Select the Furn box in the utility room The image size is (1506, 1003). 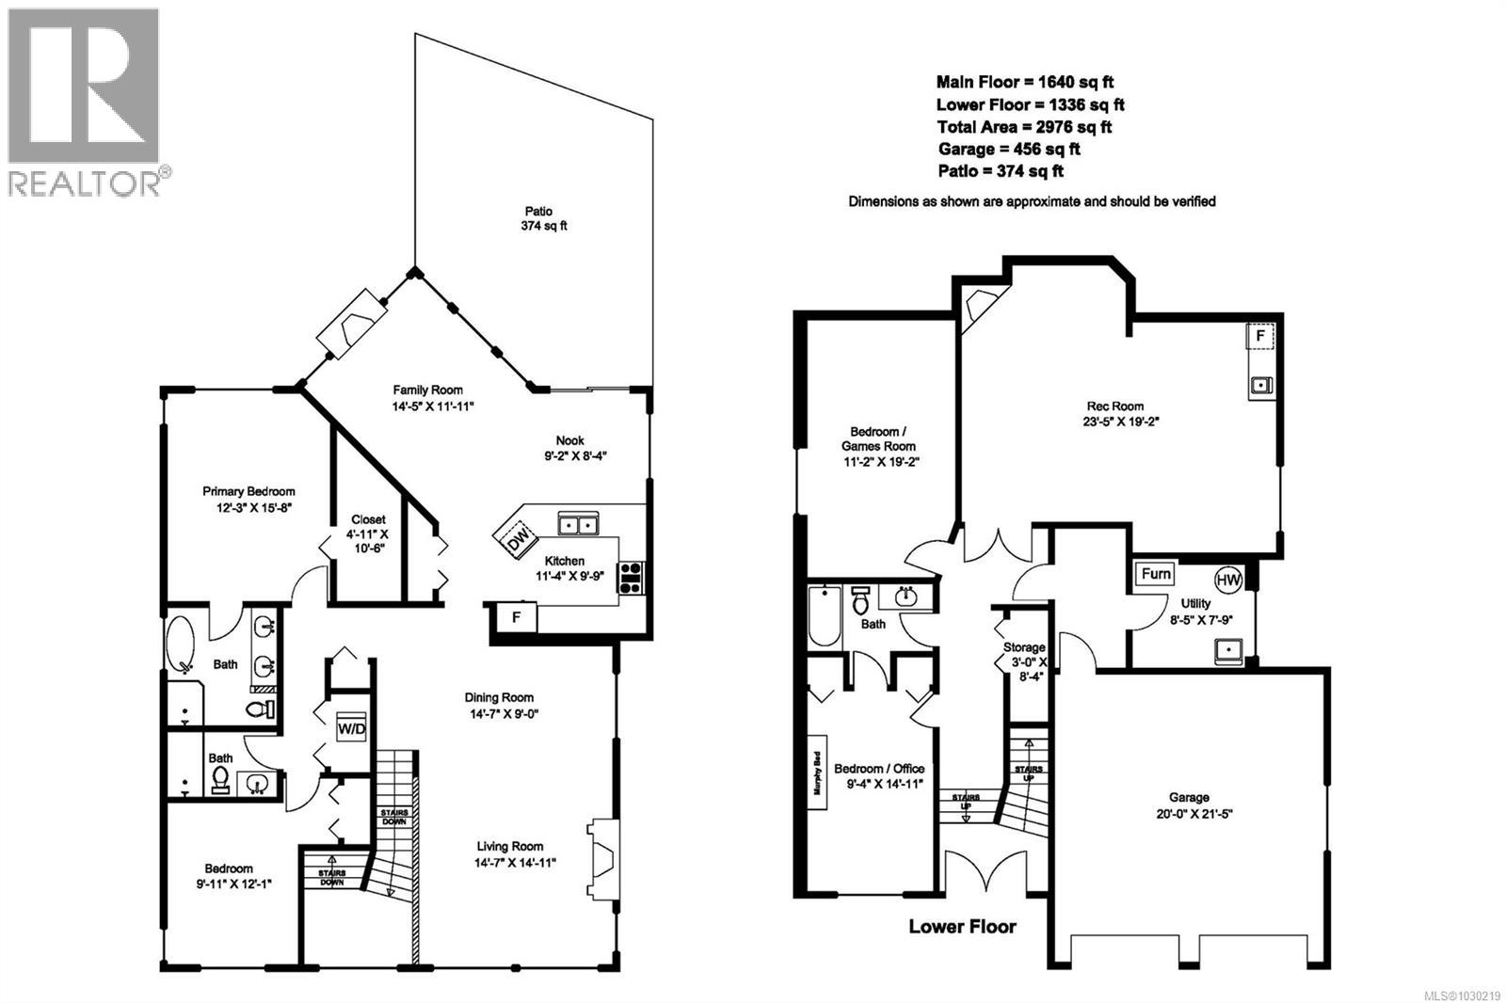pos(1155,574)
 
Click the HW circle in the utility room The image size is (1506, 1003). pos(1228,580)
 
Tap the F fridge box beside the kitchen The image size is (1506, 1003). pos(515,617)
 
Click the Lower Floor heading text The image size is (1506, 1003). pos(962,927)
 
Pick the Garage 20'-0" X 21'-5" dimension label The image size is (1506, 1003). pos(1189,805)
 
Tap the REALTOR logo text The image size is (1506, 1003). pos(85,182)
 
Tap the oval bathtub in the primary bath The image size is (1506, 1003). pos(180,643)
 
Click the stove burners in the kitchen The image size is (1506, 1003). pos(631,577)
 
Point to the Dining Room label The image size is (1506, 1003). pos(499,705)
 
